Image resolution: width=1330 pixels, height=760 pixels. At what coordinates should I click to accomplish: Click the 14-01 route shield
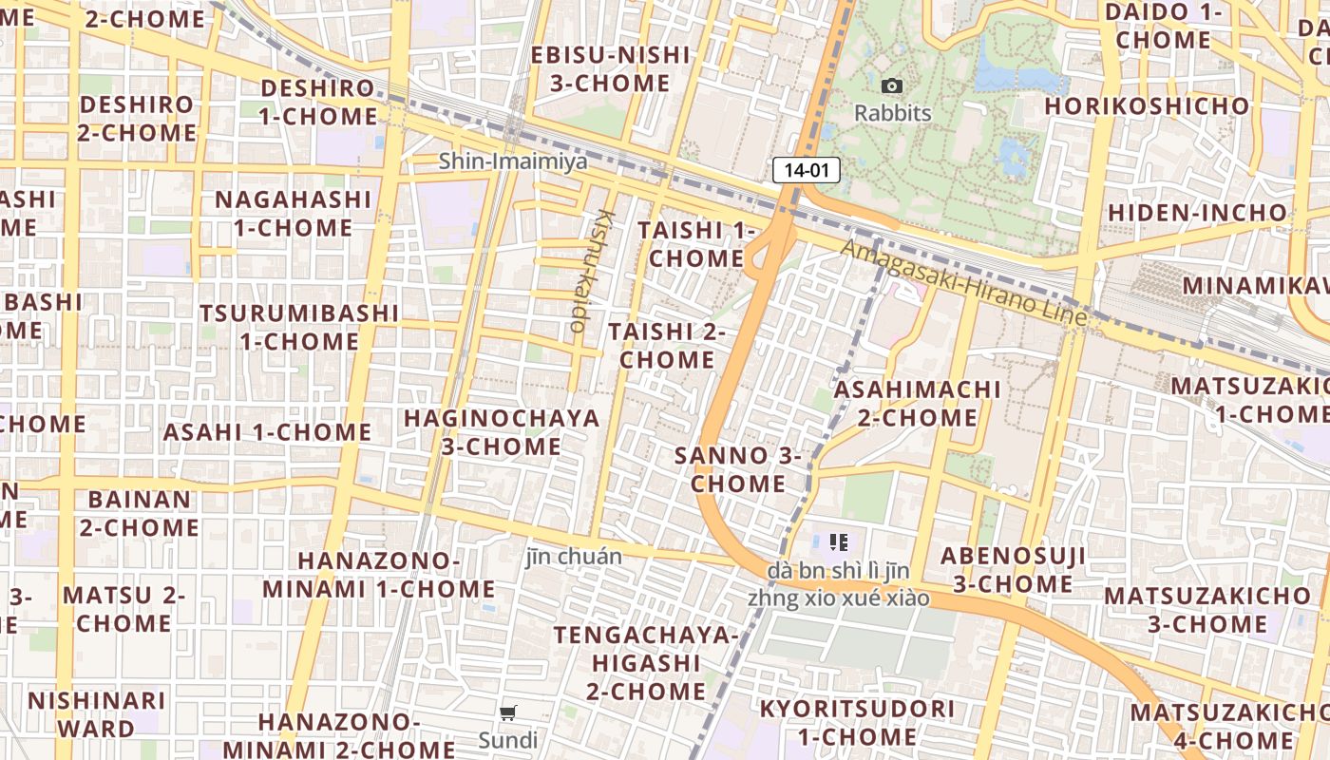click(x=807, y=171)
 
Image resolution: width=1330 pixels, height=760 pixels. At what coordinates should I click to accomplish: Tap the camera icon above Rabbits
click(x=891, y=86)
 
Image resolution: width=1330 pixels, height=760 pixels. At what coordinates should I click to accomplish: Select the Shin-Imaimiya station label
click(x=513, y=161)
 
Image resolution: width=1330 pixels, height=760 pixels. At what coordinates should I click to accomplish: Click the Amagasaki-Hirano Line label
click(x=964, y=282)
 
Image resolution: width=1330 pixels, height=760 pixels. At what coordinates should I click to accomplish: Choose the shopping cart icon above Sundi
click(x=508, y=712)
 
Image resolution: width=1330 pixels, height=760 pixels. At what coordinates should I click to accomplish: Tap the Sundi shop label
click(x=507, y=740)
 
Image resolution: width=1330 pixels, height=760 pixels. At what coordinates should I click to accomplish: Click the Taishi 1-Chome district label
click(x=696, y=244)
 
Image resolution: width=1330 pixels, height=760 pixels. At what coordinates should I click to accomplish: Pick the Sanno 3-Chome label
click(x=738, y=469)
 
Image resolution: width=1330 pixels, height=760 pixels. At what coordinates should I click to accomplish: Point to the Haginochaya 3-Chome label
click(x=502, y=432)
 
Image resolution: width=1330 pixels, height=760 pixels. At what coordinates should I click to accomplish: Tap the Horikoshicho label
click(x=1147, y=105)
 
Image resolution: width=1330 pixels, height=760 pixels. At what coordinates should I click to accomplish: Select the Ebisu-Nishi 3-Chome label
click(x=610, y=68)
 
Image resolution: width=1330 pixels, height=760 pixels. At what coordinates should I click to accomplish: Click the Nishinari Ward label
click(x=96, y=714)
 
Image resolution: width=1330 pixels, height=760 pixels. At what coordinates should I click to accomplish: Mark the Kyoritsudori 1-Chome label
click(x=857, y=722)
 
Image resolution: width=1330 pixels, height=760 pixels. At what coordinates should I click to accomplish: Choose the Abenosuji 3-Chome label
click(x=1013, y=570)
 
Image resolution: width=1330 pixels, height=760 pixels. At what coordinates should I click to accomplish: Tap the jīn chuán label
click(x=574, y=557)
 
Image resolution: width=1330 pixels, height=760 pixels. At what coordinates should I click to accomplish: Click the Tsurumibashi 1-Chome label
click(x=298, y=327)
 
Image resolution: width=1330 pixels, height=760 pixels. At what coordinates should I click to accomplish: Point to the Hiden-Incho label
click(x=1197, y=212)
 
